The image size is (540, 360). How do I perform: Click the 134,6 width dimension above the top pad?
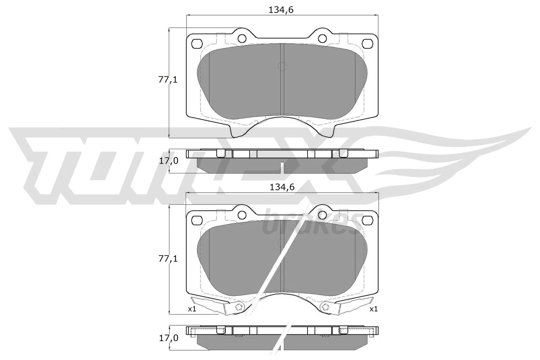point(281,10)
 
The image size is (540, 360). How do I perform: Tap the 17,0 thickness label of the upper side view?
point(168,161)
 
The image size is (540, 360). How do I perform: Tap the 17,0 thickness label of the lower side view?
point(168,338)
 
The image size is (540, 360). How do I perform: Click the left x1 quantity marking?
point(192,309)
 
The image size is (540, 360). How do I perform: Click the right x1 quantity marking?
point(373,309)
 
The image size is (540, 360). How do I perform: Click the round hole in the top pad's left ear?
point(242,38)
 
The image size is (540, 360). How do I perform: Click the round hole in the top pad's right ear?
point(323,38)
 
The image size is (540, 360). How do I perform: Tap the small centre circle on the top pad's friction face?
point(281,66)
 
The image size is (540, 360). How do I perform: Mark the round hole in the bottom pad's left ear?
point(242,215)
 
